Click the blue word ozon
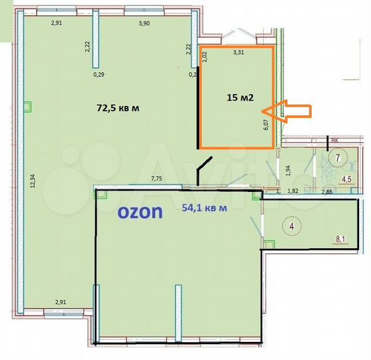point(141,212)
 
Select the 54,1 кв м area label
point(204,207)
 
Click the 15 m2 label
point(239,97)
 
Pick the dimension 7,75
point(157,179)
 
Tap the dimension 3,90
point(143,23)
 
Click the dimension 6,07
point(266,123)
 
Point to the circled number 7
point(338,158)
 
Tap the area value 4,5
point(346,179)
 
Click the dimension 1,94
point(288,170)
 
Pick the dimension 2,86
point(327,192)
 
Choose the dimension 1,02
point(204,57)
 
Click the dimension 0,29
point(99,74)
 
